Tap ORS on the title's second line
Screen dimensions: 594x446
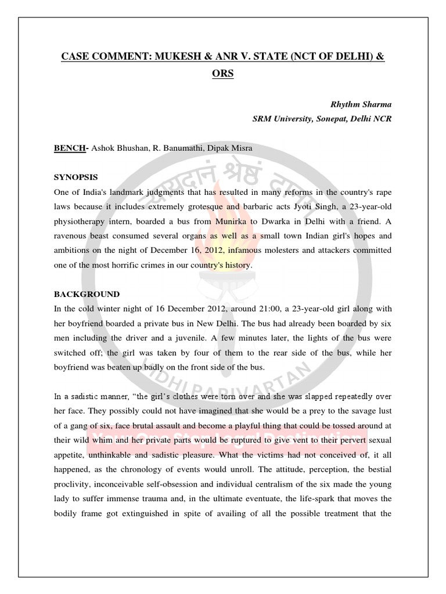(x=222, y=75)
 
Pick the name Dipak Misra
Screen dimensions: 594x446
(x=232, y=148)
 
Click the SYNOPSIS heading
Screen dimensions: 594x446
(x=76, y=177)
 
